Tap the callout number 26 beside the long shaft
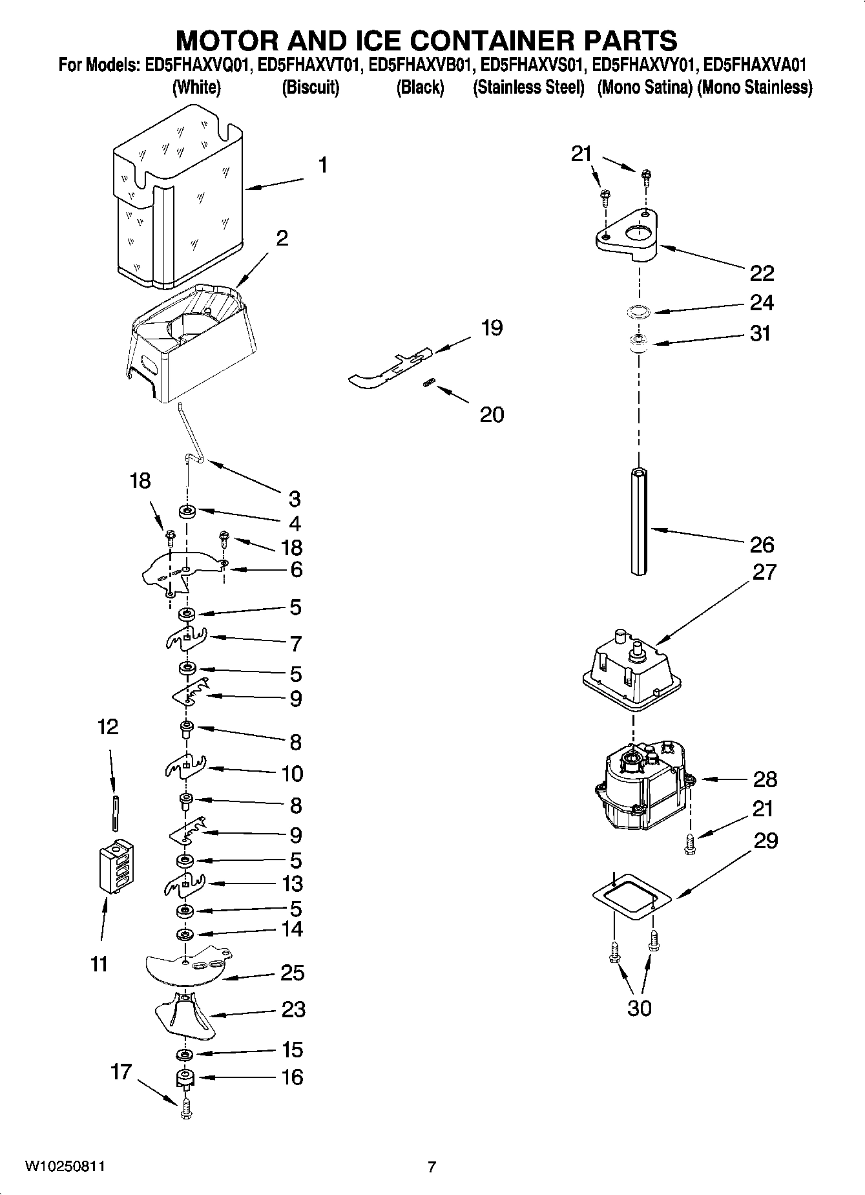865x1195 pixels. coord(762,545)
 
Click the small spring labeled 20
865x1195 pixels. coord(427,384)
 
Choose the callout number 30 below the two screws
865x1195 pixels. coord(639,1008)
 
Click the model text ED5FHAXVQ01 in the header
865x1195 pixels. coord(194,65)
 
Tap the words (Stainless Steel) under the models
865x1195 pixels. coord(528,88)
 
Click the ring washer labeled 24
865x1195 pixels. coord(638,312)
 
